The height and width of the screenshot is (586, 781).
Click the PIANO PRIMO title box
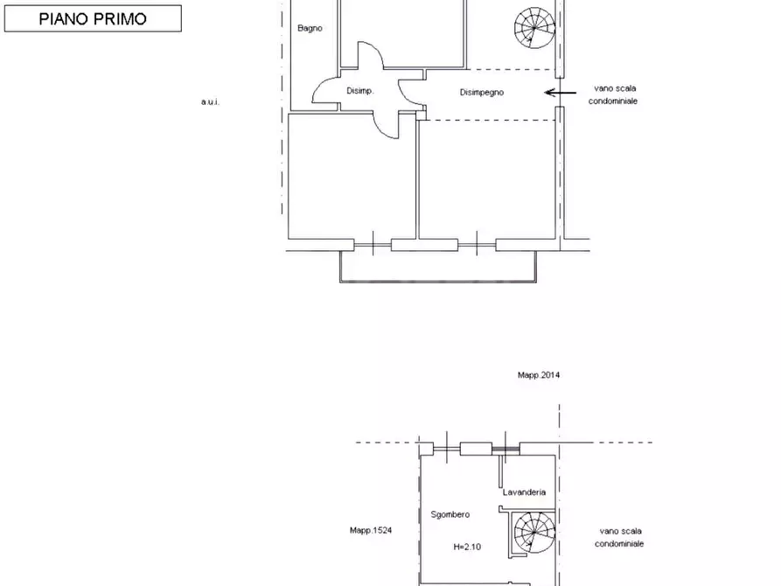coord(93,18)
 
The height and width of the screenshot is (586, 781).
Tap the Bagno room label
coord(310,28)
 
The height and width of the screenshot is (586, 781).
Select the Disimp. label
coord(360,91)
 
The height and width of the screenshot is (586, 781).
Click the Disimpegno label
coord(482,92)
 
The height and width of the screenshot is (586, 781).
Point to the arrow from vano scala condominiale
coord(561,93)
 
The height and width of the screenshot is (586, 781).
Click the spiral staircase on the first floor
coord(534,27)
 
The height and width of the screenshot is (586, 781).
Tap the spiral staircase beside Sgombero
coord(534,533)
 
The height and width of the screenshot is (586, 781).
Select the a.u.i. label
coord(210,101)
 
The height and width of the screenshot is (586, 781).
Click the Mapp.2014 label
coord(539,375)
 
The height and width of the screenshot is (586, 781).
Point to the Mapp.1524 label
coord(371,530)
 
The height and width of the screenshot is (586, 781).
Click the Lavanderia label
coord(524,492)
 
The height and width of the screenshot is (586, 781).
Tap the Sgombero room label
coord(450,514)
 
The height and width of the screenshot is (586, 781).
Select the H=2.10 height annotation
coord(467,547)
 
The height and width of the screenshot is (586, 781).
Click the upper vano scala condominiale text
coord(613,94)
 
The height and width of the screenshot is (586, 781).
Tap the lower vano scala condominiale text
coord(619,537)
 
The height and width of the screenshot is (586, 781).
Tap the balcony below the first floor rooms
coord(438,282)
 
